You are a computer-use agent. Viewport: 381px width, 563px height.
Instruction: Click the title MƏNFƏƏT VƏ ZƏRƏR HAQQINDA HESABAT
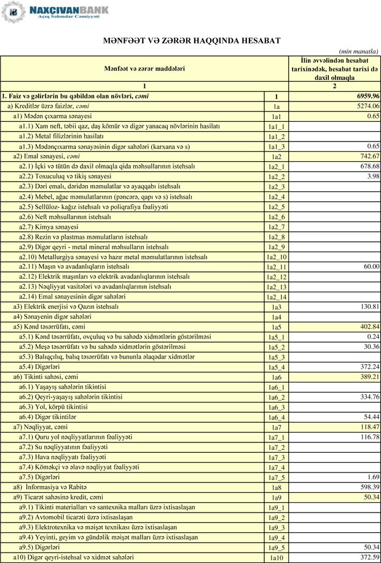click(x=191, y=41)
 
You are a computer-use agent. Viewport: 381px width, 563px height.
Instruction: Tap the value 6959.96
click(x=367, y=97)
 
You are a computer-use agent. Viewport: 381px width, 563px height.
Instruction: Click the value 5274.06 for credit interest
click(x=367, y=106)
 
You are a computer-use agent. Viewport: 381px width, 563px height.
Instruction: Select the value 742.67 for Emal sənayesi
click(x=368, y=156)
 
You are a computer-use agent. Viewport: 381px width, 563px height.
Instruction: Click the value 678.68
click(x=368, y=166)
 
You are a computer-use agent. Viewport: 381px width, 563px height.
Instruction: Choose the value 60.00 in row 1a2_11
click(x=371, y=266)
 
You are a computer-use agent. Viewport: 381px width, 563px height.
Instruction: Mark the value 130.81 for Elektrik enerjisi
click(x=368, y=306)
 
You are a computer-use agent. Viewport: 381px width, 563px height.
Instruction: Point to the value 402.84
click(x=368, y=327)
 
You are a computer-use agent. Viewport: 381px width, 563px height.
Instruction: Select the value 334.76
click(x=368, y=397)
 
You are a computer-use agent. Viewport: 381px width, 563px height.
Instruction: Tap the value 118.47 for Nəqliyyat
click(x=368, y=427)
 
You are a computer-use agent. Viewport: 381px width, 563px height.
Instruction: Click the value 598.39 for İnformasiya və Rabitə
click(x=368, y=487)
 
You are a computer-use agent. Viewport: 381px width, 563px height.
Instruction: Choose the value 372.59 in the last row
click(x=368, y=557)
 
